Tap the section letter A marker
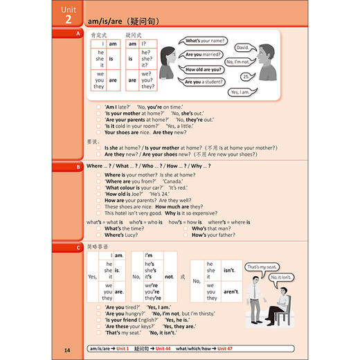pyautogui.click(x=78, y=33)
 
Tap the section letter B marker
pyautogui.click(x=78, y=167)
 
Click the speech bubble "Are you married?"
pyautogui.click(x=203, y=55)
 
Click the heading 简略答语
pyautogui.click(x=98, y=246)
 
